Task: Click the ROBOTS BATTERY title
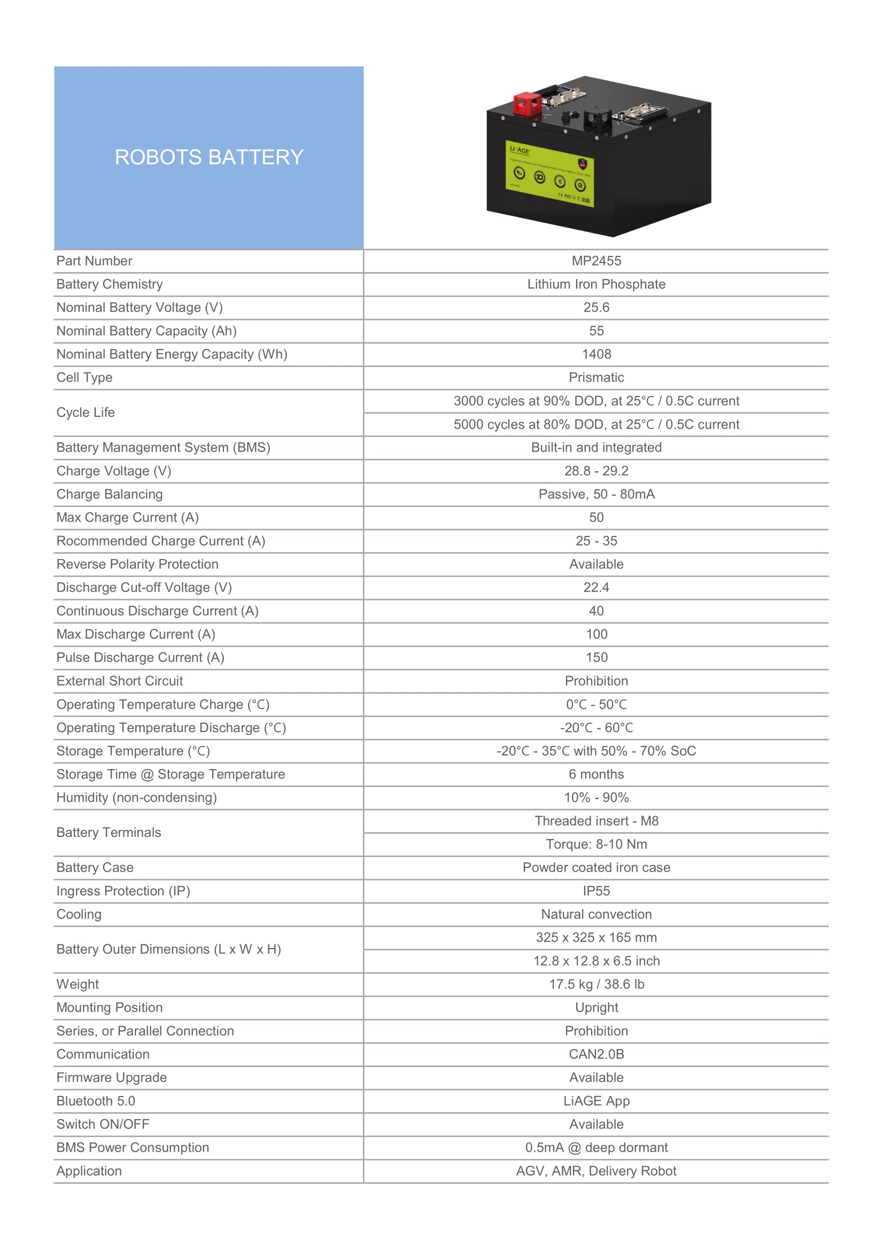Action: click(208, 157)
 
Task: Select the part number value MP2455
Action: click(596, 261)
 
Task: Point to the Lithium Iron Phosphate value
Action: click(596, 284)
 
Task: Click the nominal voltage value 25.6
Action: click(596, 308)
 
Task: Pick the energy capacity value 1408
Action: click(596, 354)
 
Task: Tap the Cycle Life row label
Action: click(86, 413)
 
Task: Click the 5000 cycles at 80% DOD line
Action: click(596, 425)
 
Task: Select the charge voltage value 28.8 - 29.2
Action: click(596, 471)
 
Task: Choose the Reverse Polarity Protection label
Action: click(137, 564)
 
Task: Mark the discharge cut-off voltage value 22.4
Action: click(596, 588)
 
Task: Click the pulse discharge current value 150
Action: click(596, 658)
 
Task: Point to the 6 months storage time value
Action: click(596, 775)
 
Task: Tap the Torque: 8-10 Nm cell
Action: click(596, 844)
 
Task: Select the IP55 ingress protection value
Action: click(596, 891)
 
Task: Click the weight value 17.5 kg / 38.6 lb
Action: click(596, 984)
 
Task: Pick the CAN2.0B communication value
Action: click(596, 1054)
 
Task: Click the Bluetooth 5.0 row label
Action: click(96, 1101)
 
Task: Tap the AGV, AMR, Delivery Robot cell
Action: click(596, 1171)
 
